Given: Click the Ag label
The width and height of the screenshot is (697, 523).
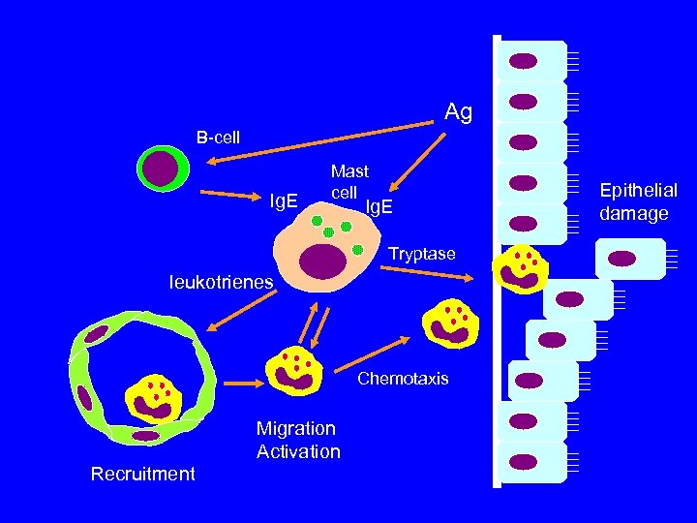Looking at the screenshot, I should [x=458, y=112].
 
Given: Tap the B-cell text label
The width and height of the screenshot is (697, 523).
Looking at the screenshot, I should [x=218, y=138].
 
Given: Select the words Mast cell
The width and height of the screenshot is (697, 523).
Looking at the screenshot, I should [x=348, y=181].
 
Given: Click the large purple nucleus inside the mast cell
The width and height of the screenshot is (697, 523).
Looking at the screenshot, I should [x=322, y=261].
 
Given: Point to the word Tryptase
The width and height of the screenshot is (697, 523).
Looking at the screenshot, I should [x=421, y=254].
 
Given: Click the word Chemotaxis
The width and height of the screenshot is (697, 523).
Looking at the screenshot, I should [x=403, y=379].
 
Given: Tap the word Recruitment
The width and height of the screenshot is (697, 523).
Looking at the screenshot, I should [x=142, y=474].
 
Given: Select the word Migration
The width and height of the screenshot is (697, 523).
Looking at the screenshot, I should [x=296, y=428].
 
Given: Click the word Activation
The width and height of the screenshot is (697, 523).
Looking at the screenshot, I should [x=298, y=451].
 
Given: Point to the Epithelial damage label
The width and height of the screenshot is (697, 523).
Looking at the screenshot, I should [x=638, y=201].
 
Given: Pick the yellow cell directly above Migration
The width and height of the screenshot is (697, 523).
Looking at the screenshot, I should [x=294, y=371].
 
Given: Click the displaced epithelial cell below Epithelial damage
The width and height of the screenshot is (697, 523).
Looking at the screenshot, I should [x=629, y=259].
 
